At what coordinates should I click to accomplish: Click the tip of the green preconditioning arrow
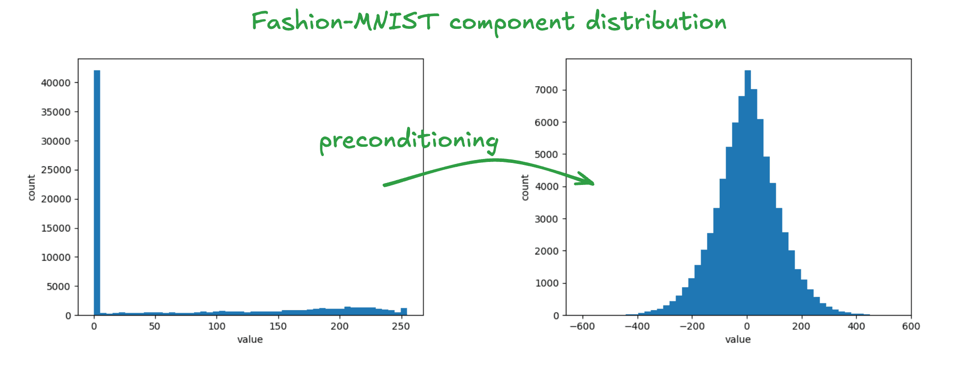(594, 184)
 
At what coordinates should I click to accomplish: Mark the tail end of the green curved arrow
(384, 185)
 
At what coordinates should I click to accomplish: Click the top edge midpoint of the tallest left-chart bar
(97, 70)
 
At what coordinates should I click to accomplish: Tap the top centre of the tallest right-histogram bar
(748, 70)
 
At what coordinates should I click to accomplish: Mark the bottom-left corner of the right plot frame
(566, 316)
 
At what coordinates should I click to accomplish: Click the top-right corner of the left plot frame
(423, 59)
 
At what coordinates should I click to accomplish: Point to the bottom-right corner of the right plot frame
(911, 316)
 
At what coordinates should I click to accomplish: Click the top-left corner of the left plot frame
(78, 59)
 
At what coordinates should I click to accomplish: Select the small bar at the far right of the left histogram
(404, 312)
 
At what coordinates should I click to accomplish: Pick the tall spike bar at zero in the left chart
(97, 193)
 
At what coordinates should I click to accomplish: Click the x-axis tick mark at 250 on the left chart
(401, 317)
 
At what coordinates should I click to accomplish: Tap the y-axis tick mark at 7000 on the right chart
(564, 90)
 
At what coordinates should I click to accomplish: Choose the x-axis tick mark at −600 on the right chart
(583, 317)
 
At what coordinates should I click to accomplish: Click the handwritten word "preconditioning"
(409, 141)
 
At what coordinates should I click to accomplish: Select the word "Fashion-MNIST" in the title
(345, 22)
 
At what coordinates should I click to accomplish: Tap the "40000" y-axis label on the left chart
(56, 83)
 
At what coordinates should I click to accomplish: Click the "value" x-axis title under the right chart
(738, 340)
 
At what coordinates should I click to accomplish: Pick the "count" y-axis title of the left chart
(32, 187)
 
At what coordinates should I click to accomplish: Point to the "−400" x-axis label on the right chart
(637, 326)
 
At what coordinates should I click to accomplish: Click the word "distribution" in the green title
(656, 22)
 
